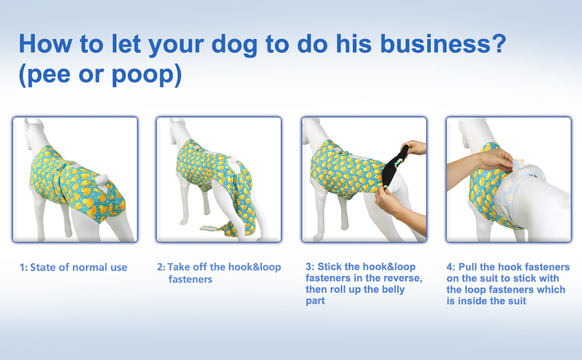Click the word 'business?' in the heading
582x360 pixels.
pyautogui.click(x=443, y=43)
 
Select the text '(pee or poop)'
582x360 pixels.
pyautogui.click(x=100, y=74)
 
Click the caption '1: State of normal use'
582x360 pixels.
pyautogui.click(x=73, y=267)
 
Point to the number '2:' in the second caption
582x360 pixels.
pyautogui.click(x=161, y=267)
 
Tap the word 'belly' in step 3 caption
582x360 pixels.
pyautogui.click(x=392, y=289)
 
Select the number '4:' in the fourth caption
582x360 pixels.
pyautogui.click(x=451, y=267)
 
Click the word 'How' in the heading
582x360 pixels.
pyautogui.click(x=45, y=43)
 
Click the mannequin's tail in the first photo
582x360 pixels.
pyautogui.click(x=101, y=181)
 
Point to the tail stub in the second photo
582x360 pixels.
pyautogui.click(x=233, y=162)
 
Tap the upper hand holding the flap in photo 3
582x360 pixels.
pyautogui.click(x=414, y=148)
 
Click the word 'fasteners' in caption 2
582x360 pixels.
pyautogui.click(x=190, y=279)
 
